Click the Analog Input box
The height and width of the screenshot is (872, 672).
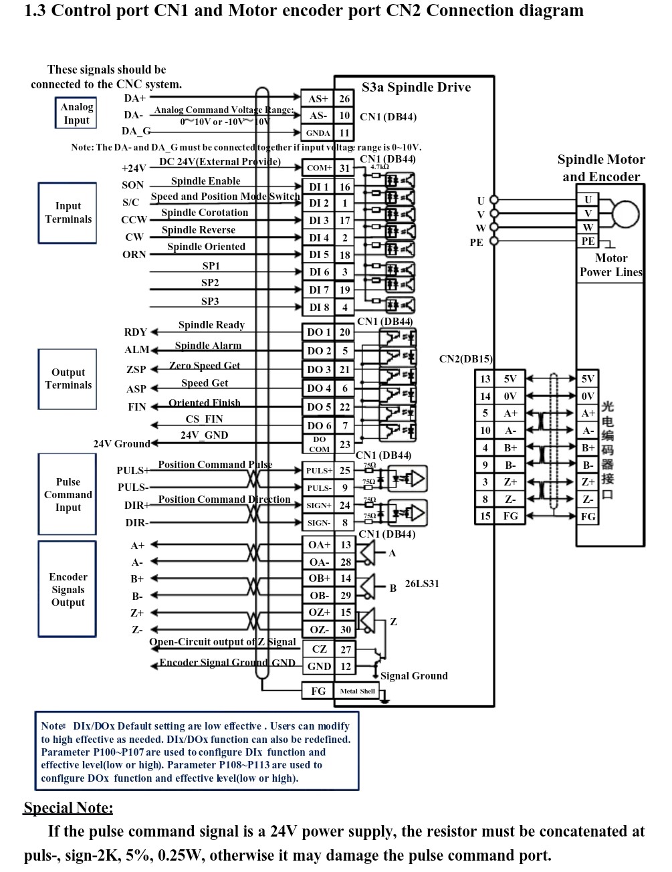pyautogui.click(x=76, y=113)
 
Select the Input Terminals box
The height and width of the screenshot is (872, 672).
pyautogui.click(x=68, y=213)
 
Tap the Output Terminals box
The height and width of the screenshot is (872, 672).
pyautogui.click(x=68, y=378)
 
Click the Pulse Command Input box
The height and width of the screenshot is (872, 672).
pyautogui.click(x=68, y=494)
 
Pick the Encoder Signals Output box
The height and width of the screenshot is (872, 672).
pyautogui.click(x=68, y=589)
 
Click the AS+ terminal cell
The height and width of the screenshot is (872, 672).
pyautogui.click(x=318, y=98)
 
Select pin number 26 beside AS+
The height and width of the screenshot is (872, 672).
pyautogui.click(x=344, y=98)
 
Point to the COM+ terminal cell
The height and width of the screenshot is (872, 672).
pyautogui.click(x=318, y=168)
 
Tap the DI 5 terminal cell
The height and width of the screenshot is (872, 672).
pyautogui.click(x=319, y=254)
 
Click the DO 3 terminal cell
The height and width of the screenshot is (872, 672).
pyautogui.click(x=319, y=369)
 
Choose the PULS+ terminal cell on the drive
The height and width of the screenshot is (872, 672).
pyautogui.click(x=319, y=471)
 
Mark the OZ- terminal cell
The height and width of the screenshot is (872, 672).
pyautogui.click(x=319, y=629)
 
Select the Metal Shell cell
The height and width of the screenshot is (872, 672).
pyautogui.click(x=357, y=691)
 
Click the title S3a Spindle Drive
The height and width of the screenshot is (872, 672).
pyautogui.click(x=416, y=88)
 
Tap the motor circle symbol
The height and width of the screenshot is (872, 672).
pyautogui.click(x=626, y=214)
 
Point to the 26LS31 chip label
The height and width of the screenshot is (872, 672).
pyautogui.click(x=422, y=584)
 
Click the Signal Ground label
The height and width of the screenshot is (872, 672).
pyautogui.click(x=414, y=676)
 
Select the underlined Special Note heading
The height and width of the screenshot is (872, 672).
pyautogui.click(x=68, y=808)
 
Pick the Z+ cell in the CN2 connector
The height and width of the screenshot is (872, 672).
pyautogui.click(x=510, y=481)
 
